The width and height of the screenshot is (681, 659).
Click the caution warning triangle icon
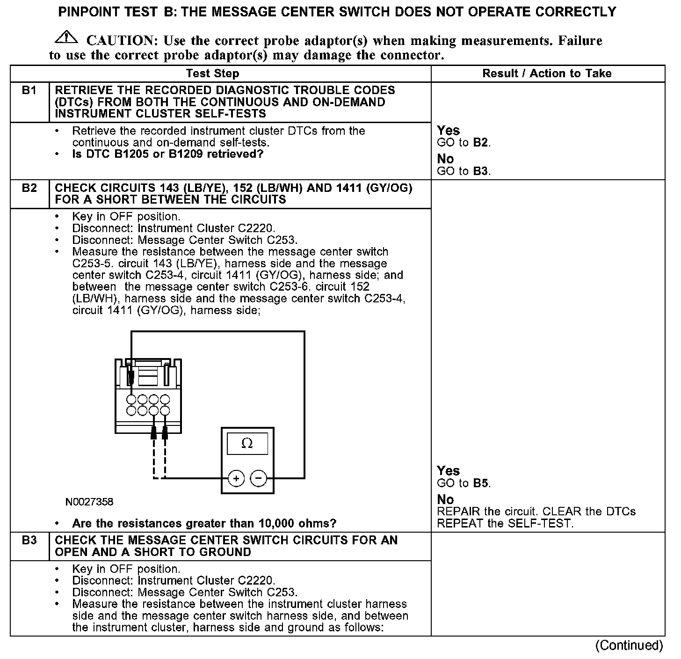click(66, 37)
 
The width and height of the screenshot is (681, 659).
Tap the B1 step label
click(29, 90)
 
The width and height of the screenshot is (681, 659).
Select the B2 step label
click(29, 188)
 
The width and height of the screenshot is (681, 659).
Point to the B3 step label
click(29, 541)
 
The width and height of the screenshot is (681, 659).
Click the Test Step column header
click(212, 73)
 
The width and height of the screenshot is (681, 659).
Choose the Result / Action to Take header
click(547, 73)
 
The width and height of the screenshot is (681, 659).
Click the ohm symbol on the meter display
click(247, 443)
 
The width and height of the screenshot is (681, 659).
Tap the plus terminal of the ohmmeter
click(236, 478)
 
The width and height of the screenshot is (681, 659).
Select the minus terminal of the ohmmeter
click(259, 478)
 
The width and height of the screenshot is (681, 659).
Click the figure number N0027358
click(89, 502)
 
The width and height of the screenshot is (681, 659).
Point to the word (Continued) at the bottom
click(629, 646)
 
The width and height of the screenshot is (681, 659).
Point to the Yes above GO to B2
click(448, 131)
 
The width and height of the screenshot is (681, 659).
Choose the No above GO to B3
click(445, 159)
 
